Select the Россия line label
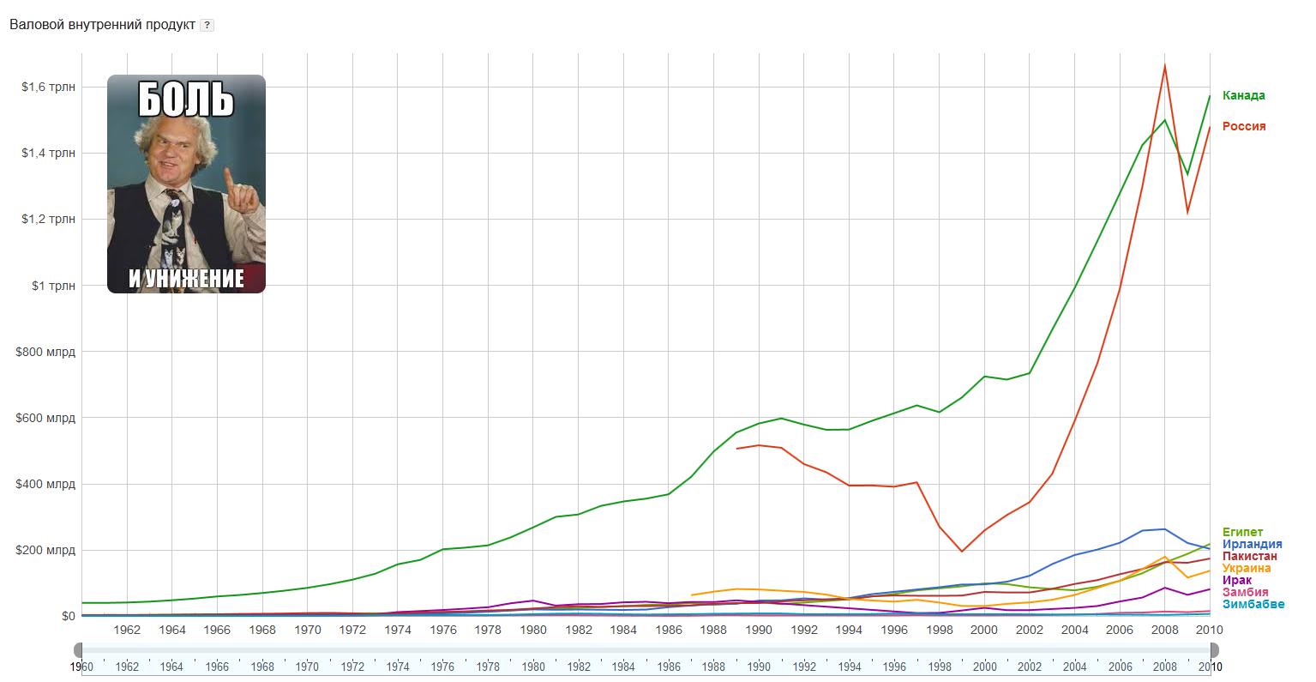click(x=1243, y=126)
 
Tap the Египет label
click(x=1242, y=532)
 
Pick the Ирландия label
click(x=1252, y=544)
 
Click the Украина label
click(x=1247, y=568)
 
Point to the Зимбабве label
click(x=1253, y=604)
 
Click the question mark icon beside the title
click(x=207, y=25)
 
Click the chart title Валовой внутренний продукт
click(x=101, y=24)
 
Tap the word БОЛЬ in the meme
click(x=186, y=100)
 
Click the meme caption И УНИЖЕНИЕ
click(x=186, y=279)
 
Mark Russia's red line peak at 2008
click(x=1164, y=65)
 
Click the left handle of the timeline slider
click(x=79, y=649)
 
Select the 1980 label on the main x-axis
click(x=533, y=630)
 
